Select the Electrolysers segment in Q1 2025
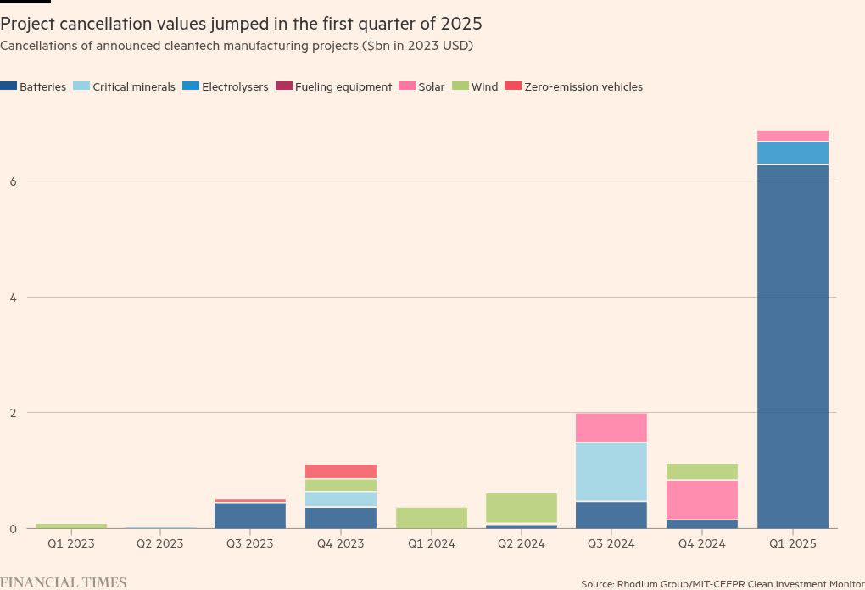pos(792,153)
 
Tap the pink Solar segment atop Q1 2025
pos(792,136)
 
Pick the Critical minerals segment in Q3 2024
pos(611,471)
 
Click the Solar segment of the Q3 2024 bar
pos(611,427)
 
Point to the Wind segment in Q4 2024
pos(701,471)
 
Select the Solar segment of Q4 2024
pos(701,499)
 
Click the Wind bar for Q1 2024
pos(432,517)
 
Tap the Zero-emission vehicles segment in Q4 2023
pos(341,471)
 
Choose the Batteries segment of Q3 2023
pos(249,515)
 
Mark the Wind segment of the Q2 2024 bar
pos(522,508)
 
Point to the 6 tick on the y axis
pos(11,181)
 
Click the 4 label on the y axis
pos(11,297)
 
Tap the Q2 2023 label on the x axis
pos(159,543)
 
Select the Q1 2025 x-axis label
pos(792,543)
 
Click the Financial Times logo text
pos(64,582)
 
